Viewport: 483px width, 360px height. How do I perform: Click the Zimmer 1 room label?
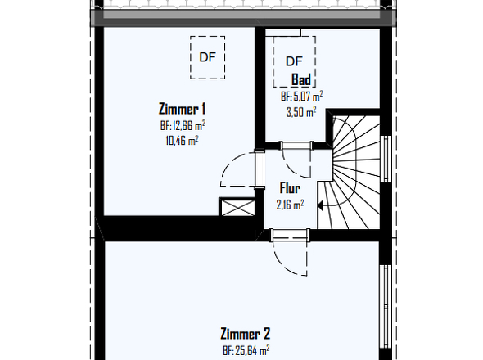pos(182,109)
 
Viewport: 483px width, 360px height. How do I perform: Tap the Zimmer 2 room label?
pos(246,334)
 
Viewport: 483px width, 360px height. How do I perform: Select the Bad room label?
pos(301,79)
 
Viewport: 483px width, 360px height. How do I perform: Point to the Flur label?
pos(290,188)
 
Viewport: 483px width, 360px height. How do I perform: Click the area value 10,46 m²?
pos(182,141)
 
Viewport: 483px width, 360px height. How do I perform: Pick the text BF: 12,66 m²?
pos(183,125)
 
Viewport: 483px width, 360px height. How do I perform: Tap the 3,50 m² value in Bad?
pos(301,112)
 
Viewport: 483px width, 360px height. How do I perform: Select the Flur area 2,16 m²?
pos(290,205)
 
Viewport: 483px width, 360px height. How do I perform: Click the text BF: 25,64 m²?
pos(246,350)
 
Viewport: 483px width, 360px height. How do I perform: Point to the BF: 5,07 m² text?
pos(301,97)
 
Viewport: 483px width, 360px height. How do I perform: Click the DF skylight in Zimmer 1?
pos(208,57)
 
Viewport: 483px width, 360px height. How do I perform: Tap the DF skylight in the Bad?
pos(294,61)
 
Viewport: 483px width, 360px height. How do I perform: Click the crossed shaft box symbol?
pos(237,207)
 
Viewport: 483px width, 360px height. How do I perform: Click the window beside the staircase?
pos(385,159)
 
